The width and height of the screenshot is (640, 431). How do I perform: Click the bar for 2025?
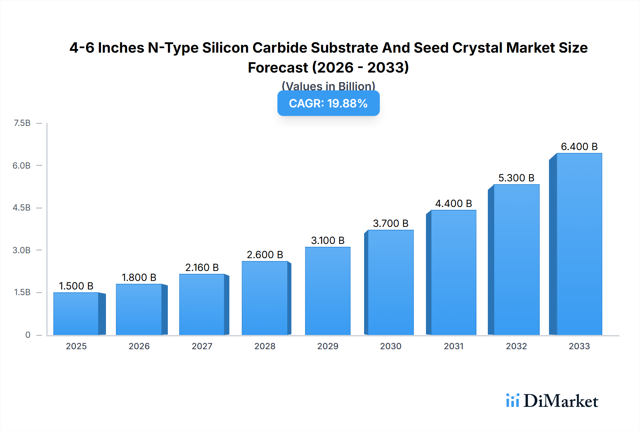click(x=76, y=314)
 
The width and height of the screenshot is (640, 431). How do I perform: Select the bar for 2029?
click(x=327, y=291)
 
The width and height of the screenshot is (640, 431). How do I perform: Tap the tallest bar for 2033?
click(x=579, y=244)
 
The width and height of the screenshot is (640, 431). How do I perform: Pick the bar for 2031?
click(x=453, y=272)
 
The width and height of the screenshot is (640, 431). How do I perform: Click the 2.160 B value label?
click(x=202, y=267)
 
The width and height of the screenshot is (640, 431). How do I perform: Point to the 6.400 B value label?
click(x=579, y=147)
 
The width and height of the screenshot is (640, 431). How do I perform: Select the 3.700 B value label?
click(x=390, y=223)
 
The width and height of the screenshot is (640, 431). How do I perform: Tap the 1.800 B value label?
click(x=139, y=277)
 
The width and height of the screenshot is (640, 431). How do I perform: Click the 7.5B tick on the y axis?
click(x=22, y=123)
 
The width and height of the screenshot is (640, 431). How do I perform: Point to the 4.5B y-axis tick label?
click(x=22, y=208)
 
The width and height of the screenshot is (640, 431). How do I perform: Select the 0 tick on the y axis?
click(x=28, y=335)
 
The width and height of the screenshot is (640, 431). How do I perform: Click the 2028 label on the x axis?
click(x=265, y=346)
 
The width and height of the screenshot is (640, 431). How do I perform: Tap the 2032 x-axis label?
click(x=516, y=346)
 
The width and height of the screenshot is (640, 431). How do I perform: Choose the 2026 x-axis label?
click(x=139, y=346)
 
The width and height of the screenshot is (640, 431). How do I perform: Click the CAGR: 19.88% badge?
click(x=328, y=103)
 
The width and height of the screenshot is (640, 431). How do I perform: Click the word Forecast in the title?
click(x=278, y=68)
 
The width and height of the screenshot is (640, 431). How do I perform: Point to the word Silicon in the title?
click(x=225, y=48)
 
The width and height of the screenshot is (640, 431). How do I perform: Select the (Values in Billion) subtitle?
click(x=328, y=86)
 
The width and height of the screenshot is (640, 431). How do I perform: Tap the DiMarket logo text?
click(x=561, y=401)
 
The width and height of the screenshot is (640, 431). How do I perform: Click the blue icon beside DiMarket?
click(x=512, y=400)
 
